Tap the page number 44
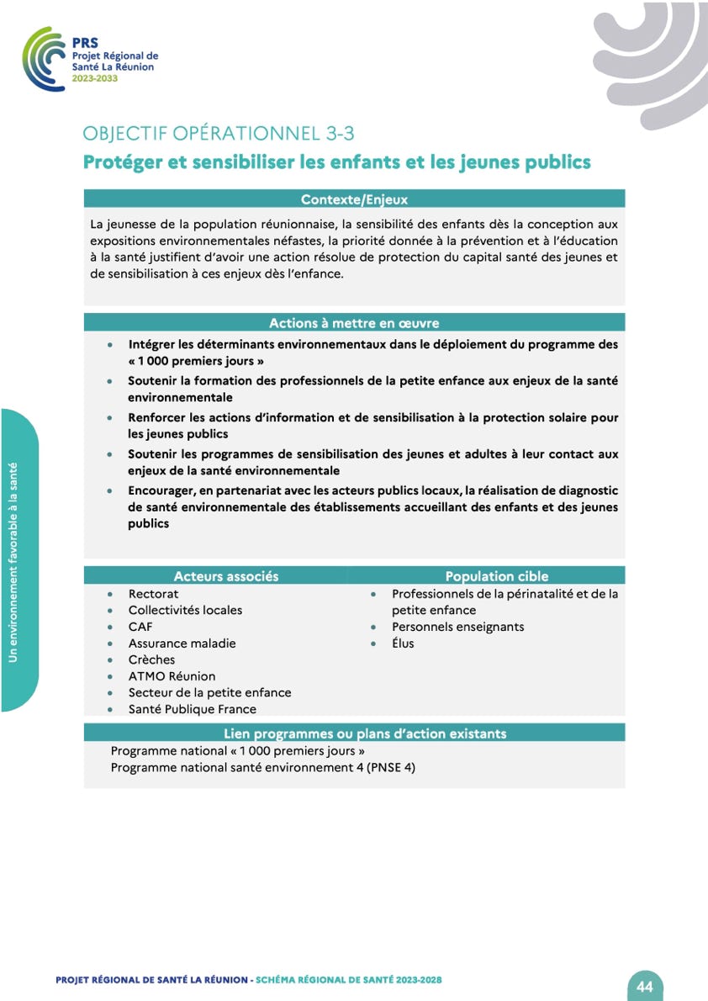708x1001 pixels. coord(645,986)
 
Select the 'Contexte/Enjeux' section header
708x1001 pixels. coord(354,199)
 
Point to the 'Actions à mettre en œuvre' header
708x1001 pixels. coord(354,323)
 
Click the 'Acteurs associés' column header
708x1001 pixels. coord(225,576)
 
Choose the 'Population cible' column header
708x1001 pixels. coord(496,576)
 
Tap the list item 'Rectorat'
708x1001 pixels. coord(153,594)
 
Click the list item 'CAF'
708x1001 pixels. coord(140,627)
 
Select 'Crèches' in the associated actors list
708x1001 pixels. coord(151,659)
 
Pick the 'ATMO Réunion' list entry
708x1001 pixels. coord(172,676)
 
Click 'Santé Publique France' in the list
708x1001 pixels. coord(192,709)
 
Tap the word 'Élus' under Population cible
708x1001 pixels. coord(403,643)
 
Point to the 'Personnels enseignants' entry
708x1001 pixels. coord(457,627)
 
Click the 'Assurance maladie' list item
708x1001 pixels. coord(182,643)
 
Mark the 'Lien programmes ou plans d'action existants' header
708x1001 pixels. coord(365,734)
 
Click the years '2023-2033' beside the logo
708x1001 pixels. coord(95,78)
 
